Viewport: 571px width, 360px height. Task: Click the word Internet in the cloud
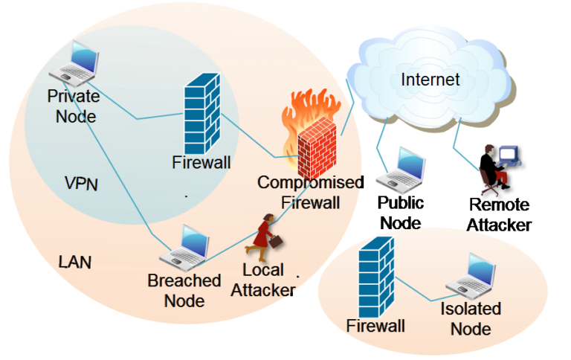pyautogui.click(x=430, y=80)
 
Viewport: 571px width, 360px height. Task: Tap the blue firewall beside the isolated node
pyautogui.click(x=375, y=276)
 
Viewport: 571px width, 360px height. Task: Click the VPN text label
pyautogui.click(x=81, y=184)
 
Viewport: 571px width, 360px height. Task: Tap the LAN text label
pyautogui.click(x=75, y=262)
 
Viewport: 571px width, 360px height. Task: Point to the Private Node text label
pyautogui.click(x=72, y=106)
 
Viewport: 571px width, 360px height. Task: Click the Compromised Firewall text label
pyautogui.click(x=309, y=192)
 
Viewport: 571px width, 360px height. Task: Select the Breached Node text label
pyautogui.click(x=184, y=290)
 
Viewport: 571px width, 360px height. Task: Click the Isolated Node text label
pyautogui.click(x=471, y=318)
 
